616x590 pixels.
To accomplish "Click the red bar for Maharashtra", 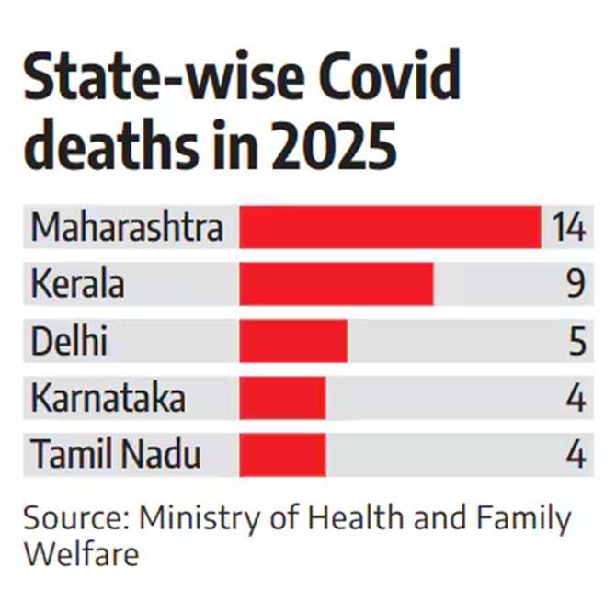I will click(x=390, y=227).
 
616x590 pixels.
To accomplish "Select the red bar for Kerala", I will click(x=337, y=284).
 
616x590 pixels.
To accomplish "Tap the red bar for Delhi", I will click(x=293, y=341).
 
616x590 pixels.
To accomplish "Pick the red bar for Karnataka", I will click(x=282, y=398).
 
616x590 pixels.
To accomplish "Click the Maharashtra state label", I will click(x=126, y=227).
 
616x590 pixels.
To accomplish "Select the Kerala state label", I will click(x=77, y=284).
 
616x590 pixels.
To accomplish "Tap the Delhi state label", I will click(x=69, y=341).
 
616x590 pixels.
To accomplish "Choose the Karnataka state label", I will click(x=108, y=398).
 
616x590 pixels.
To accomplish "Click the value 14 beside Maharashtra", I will click(x=568, y=227).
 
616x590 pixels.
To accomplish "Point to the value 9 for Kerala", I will click(x=576, y=284).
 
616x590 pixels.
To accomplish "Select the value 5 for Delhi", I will click(x=576, y=341).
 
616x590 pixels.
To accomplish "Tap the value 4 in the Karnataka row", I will click(x=576, y=398).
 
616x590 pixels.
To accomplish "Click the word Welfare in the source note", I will click(x=82, y=555).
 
